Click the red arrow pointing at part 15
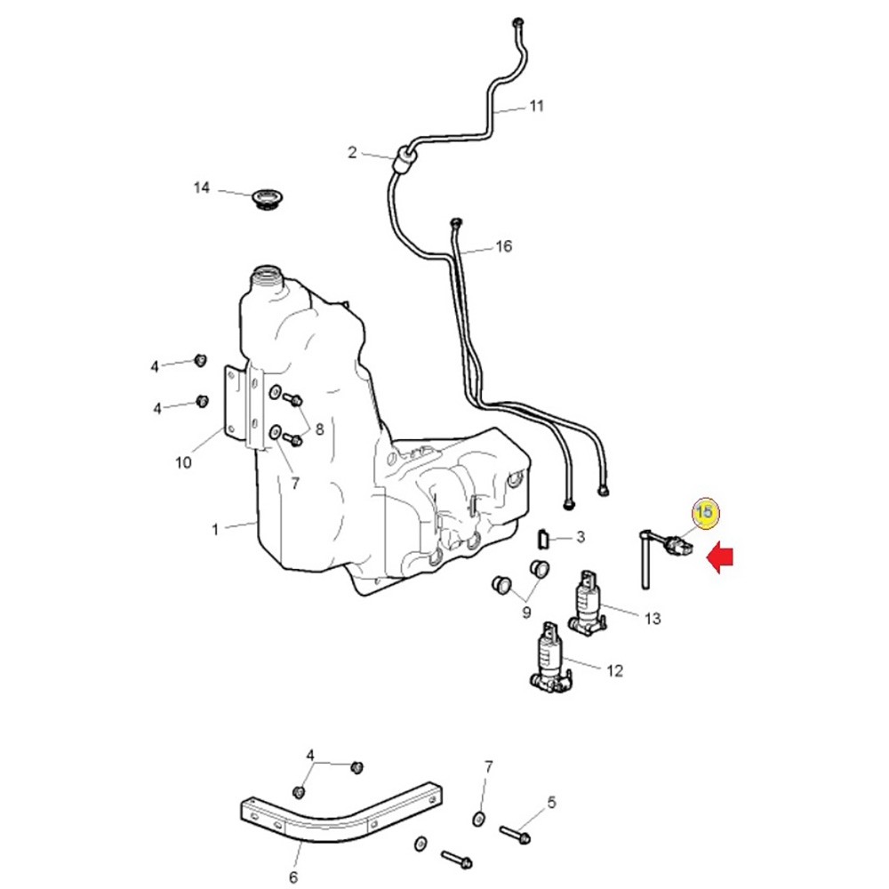tap(720, 558)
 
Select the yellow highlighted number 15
tap(705, 513)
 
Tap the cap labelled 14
tap(265, 198)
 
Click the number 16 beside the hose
tap(504, 246)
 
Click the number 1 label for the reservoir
tap(215, 530)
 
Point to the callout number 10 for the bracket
tap(183, 462)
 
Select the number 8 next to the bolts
tap(319, 428)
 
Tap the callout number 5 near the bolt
tap(551, 803)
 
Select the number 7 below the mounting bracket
tap(294, 484)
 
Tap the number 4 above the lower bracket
tap(311, 756)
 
